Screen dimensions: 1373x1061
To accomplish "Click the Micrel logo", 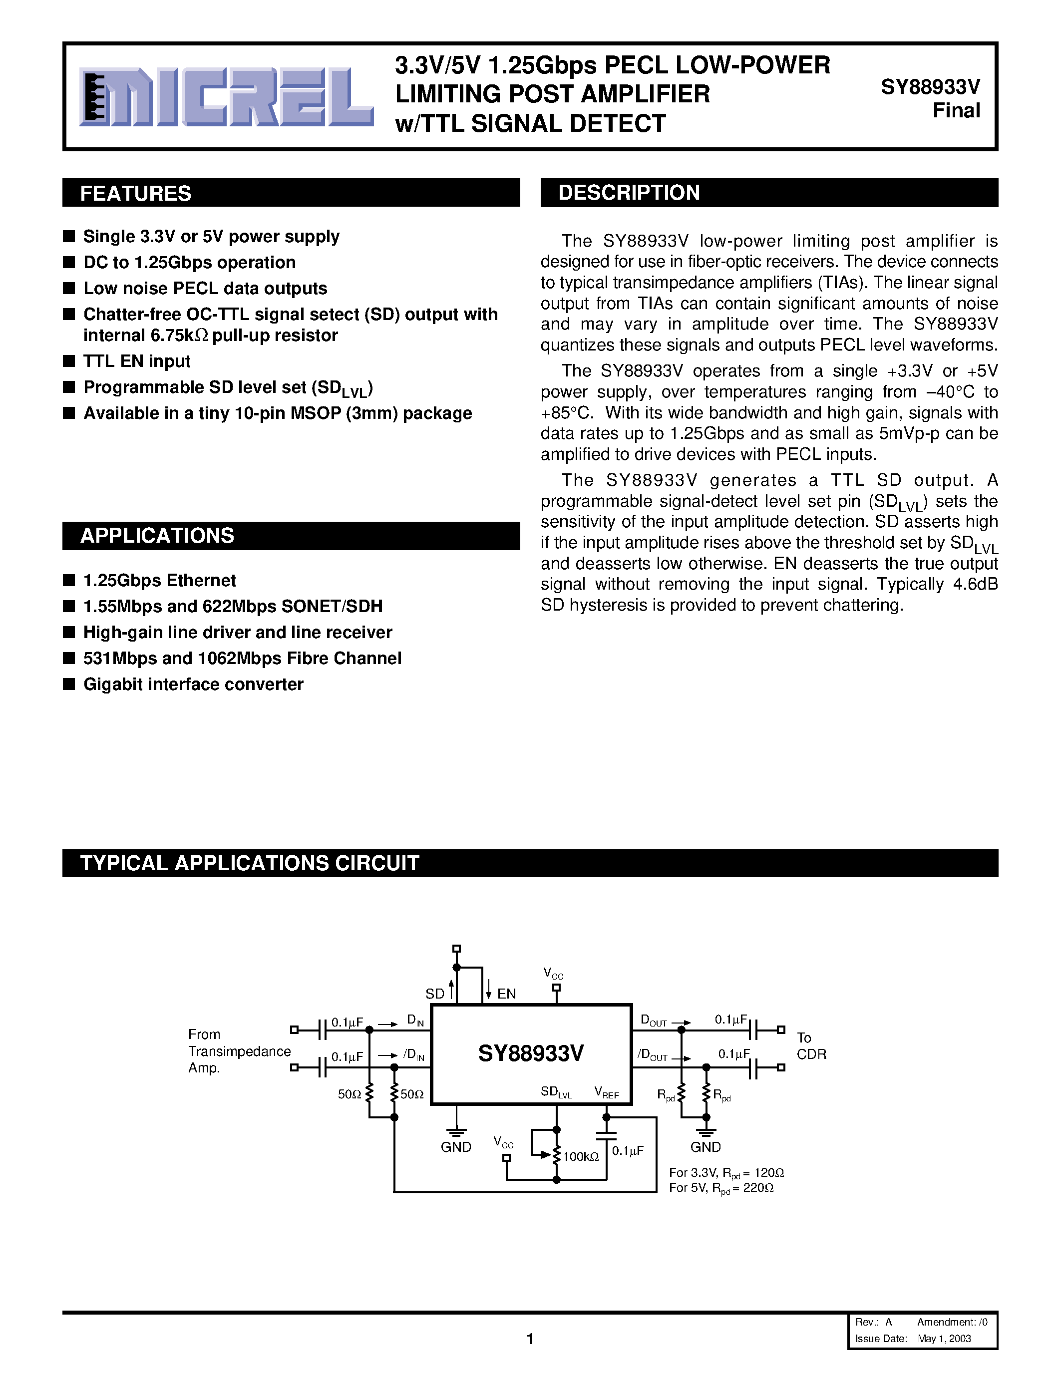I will (x=226, y=97).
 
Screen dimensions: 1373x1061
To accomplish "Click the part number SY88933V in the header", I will (x=930, y=87).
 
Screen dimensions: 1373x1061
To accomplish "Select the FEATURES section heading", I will (x=136, y=193).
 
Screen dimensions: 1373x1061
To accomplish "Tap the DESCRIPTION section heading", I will (x=629, y=192).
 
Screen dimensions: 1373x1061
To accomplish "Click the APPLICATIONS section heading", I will (x=157, y=536).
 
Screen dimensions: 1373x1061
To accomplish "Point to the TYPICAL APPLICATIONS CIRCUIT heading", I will (x=250, y=863).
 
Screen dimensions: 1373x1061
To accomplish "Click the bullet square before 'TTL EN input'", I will (x=69, y=361).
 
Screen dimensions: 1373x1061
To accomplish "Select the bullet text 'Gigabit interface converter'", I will (x=193, y=684).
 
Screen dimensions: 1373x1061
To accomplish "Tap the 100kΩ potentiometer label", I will (x=581, y=1157).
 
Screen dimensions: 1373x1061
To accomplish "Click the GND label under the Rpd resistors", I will (x=705, y=1147).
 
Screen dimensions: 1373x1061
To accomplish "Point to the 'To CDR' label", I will (x=811, y=1046).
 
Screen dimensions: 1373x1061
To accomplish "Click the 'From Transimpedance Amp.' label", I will (x=239, y=1051).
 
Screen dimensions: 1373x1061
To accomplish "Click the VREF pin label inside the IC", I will (x=607, y=1092).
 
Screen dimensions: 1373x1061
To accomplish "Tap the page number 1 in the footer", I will (x=530, y=1339).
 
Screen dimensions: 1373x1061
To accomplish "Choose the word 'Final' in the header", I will (x=956, y=111).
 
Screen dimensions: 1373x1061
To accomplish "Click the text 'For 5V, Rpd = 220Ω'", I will (x=721, y=1188).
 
